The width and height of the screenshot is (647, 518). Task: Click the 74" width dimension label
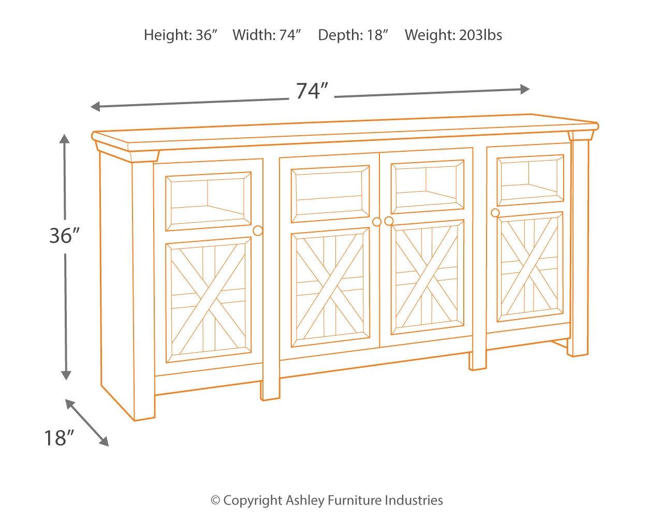pos(313,91)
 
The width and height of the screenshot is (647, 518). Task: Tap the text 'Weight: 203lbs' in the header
pos(453,35)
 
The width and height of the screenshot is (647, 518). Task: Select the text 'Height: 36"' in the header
pos(181,35)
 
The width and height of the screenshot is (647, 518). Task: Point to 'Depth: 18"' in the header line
pos(353,35)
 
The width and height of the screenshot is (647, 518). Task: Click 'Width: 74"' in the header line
pos(267,35)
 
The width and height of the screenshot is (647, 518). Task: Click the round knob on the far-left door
pos(258,231)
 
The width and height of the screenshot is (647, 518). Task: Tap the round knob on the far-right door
pos(495,213)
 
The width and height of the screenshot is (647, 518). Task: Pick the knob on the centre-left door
pos(377,222)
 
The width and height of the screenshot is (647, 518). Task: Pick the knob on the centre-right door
pos(389,221)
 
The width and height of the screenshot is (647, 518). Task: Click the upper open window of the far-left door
pos(208,202)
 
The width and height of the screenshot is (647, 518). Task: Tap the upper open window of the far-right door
pos(530,179)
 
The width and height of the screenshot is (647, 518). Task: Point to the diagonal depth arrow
pos(87,423)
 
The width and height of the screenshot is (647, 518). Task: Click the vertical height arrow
pos(65,311)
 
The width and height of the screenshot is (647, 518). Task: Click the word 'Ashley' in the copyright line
pos(304,500)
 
